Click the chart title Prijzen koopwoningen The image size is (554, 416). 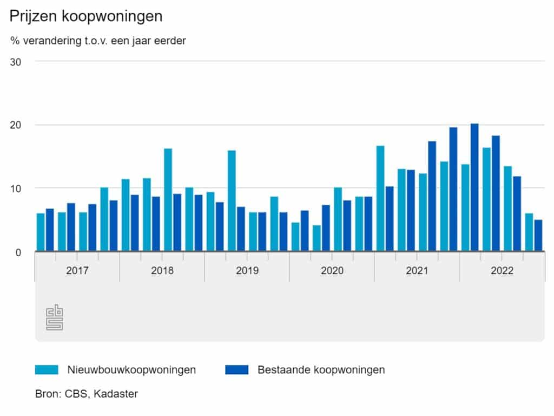(86, 16)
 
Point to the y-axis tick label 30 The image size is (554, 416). (16, 62)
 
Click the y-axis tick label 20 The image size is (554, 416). (16, 125)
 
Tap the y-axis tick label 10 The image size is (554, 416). (16, 188)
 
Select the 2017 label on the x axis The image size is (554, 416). (77, 270)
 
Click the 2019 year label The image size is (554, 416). (247, 270)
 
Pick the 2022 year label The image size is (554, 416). (502, 270)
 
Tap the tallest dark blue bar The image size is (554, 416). (474, 187)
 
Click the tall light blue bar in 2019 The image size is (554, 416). (232, 200)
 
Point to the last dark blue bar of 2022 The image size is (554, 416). (538, 235)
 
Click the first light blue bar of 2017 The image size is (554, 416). (41, 232)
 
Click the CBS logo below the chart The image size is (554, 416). (54, 317)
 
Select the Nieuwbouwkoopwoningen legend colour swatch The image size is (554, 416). (47, 370)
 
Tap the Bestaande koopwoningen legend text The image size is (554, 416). (321, 370)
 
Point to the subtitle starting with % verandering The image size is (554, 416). (98, 41)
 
